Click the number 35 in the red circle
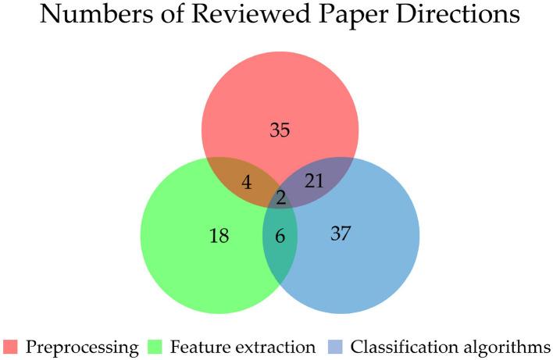tap(280, 130)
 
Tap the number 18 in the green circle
tap(219, 235)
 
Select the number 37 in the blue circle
tap(340, 233)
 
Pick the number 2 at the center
tap(280, 198)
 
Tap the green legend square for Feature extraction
tap(154, 345)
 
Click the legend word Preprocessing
tap(80, 345)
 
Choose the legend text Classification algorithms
tap(448, 345)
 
